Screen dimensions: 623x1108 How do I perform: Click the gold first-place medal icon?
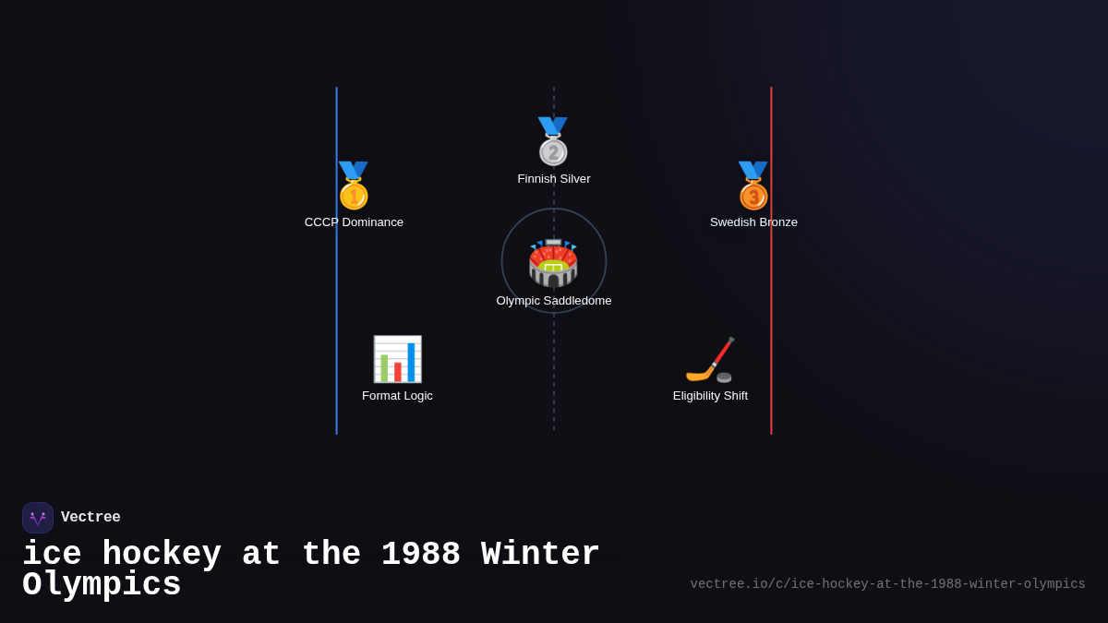pyautogui.click(x=354, y=186)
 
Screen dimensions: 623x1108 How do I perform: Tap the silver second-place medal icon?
pyautogui.click(x=553, y=141)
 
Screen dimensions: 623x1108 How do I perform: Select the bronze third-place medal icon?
pyautogui.click(x=753, y=186)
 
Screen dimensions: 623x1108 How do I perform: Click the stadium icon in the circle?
pyautogui.click(x=553, y=263)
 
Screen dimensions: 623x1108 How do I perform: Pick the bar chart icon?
pyautogui.click(x=397, y=359)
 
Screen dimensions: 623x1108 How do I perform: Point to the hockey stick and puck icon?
pyautogui.click(x=710, y=359)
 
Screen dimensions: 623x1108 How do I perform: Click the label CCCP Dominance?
pyautogui.click(x=354, y=222)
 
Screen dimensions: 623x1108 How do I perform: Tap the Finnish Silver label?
pyautogui.click(x=554, y=179)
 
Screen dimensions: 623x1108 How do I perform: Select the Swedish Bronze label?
pyautogui.click(x=753, y=222)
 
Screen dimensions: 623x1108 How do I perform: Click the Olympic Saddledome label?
pyautogui.click(x=554, y=301)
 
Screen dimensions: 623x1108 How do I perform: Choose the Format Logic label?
pyautogui.click(x=397, y=396)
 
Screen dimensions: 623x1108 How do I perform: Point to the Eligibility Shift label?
pyautogui.click(x=710, y=396)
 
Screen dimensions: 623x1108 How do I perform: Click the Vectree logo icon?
pyautogui.click(x=38, y=518)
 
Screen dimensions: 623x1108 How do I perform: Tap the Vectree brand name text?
pyautogui.click(x=90, y=518)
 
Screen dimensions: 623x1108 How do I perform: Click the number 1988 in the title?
pyautogui.click(x=420, y=555)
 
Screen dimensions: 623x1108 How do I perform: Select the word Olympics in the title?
pyautogui.click(x=102, y=585)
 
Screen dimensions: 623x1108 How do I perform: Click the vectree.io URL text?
pyautogui.click(x=887, y=584)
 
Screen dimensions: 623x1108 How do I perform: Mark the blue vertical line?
pyautogui.click(x=337, y=277)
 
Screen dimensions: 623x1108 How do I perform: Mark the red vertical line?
pyautogui.click(x=771, y=277)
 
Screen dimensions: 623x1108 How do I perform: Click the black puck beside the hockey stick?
pyautogui.click(x=724, y=377)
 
